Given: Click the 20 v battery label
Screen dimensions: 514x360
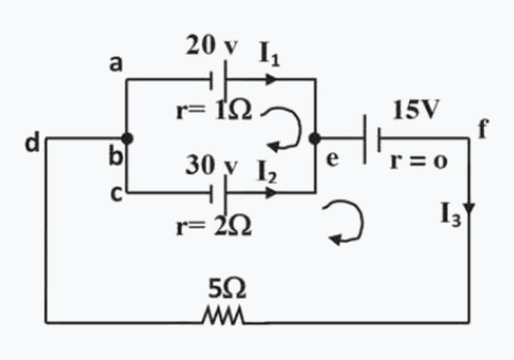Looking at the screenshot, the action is tap(211, 45).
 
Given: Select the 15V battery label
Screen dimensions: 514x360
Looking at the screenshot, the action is tap(416, 109).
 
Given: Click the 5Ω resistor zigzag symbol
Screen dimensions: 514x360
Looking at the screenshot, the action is tap(223, 316).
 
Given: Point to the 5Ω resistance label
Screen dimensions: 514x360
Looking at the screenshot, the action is tap(227, 289).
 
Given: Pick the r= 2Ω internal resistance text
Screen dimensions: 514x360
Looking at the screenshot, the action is tap(214, 226).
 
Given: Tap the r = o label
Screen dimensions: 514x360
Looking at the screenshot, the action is tap(419, 161).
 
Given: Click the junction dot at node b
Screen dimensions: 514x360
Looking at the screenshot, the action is tap(127, 139).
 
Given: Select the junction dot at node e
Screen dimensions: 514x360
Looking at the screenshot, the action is tap(315, 139).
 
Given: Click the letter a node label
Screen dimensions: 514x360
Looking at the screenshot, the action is tap(116, 64).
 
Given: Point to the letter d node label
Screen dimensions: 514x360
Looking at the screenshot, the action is tap(33, 142).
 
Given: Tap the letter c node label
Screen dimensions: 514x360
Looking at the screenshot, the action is tap(116, 194).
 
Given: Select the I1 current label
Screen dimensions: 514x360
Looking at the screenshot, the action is tap(269, 54).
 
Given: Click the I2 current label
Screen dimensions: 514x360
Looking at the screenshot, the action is tap(267, 172).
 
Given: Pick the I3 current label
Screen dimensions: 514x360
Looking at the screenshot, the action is tap(451, 215).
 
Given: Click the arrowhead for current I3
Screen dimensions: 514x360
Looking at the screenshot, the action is tap(470, 209).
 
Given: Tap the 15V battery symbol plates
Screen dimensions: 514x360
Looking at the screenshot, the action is tap(372, 139).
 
